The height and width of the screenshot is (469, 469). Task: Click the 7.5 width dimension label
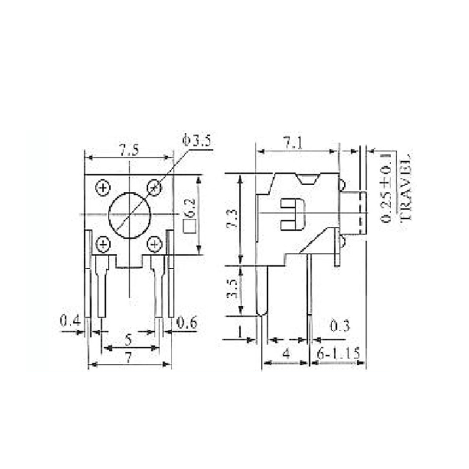coord(129,151)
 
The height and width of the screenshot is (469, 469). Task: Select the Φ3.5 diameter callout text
coord(197,141)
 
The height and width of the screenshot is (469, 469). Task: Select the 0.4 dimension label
coord(69,322)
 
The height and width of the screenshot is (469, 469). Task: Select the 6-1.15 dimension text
coord(339,354)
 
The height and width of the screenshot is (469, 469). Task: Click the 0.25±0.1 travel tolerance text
coord(388,187)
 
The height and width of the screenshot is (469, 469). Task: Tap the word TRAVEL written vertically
coord(405,187)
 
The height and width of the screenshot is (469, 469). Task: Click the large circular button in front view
coord(130,215)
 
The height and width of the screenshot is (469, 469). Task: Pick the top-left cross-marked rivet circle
coord(102,188)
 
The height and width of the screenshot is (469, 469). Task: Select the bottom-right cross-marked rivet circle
coord(154,244)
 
